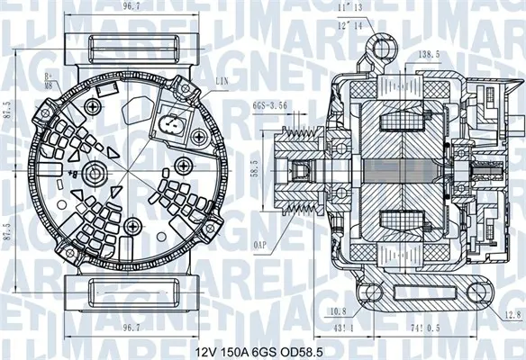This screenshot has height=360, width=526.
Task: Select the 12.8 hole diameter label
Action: tap(512, 313)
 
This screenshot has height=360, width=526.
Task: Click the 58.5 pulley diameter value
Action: tap(255, 168)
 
